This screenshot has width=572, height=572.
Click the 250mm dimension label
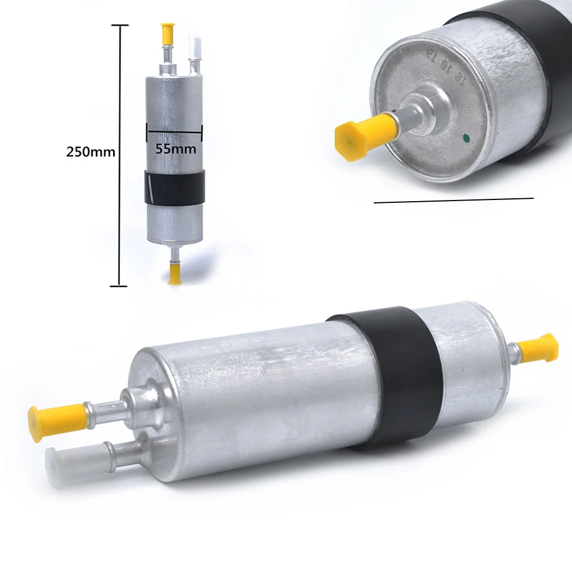coord(91,153)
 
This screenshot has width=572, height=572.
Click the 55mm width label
coord(176,149)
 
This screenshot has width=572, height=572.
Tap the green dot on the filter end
coord(466,137)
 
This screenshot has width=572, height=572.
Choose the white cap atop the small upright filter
coord(195,45)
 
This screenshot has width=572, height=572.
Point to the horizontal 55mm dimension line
coord(174,131)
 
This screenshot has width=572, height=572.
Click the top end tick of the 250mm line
coord(119,25)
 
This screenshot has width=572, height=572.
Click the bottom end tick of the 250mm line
coord(119,285)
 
